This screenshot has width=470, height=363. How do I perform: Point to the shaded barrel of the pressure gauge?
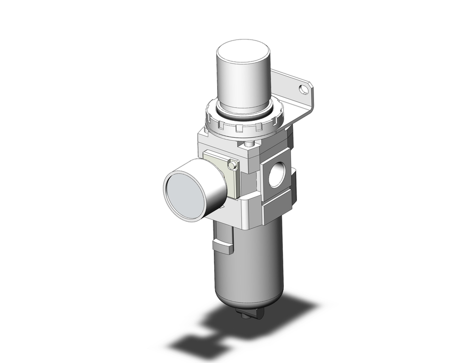[x=214, y=186]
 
